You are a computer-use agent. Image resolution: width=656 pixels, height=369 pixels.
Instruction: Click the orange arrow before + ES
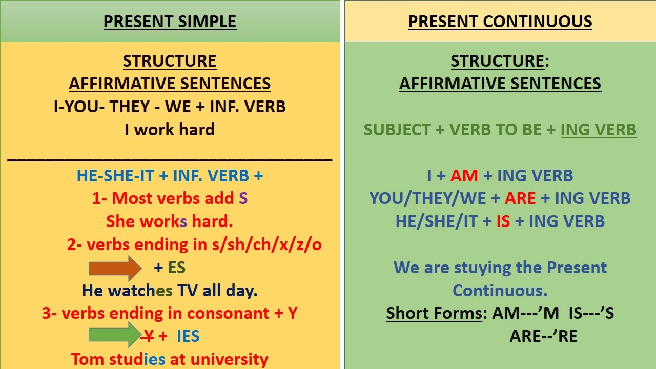(x=115, y=268)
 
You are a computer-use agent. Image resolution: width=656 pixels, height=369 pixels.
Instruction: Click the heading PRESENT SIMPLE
(x=170, y=22)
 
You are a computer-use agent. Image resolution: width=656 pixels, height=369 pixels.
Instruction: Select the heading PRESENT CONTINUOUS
(x=500, y=22)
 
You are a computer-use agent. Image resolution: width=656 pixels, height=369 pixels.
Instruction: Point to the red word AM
(x=464, y=176)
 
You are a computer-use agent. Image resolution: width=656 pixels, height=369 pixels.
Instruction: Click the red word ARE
(x=520, y=199)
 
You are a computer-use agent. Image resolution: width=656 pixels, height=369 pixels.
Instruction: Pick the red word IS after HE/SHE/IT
(x=503, y=221)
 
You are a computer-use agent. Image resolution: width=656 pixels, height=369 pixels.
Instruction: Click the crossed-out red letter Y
(x=148, y=336)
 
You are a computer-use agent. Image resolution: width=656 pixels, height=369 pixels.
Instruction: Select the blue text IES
(x=188, y=336)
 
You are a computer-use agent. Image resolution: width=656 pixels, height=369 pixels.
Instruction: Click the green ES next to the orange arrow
(x=176, y=268)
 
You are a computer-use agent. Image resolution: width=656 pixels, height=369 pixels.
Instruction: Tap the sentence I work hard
(x=170, y=130)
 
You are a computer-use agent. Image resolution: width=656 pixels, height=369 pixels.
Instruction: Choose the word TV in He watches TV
(x=188, y=291)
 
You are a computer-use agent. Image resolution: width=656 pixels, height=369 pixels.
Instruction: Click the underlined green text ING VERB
(x=598, y=130)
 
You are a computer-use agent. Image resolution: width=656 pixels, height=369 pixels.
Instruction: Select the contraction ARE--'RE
(x=543, y=336)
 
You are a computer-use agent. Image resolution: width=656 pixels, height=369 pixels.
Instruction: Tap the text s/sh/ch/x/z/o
(x=266, y=245)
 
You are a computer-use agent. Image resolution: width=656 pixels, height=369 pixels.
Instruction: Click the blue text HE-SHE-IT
(x=115, y=176)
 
